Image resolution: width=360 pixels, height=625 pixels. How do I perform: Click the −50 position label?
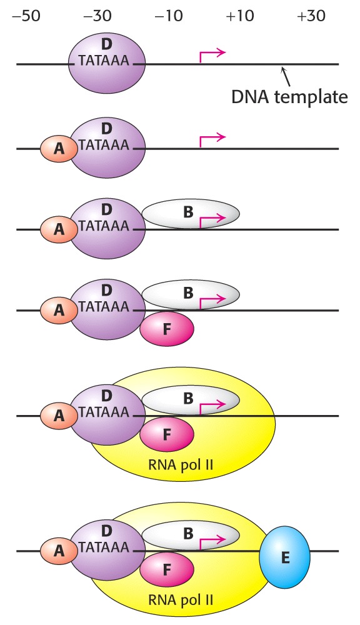[x=26, y=16]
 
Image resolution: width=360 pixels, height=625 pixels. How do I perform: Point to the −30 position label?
[x=97, y=16]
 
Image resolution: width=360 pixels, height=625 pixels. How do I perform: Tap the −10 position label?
[x=169, y=16]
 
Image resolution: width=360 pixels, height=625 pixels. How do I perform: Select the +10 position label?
[x=239, y=16]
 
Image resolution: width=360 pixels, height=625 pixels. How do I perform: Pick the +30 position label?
[x=311, y=16]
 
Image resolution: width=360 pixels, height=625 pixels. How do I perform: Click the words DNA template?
[x=290, y=97]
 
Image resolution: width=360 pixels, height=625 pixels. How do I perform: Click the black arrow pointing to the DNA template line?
[x=286, y=76]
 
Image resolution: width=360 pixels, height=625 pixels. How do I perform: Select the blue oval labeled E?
[x=284, y=557]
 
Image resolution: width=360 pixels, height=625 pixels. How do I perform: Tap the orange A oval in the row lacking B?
[x=59, y=148]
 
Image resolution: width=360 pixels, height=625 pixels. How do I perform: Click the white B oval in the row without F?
[x=191, y=214]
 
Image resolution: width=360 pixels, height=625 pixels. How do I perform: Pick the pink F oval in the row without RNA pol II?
[x=167, y=329]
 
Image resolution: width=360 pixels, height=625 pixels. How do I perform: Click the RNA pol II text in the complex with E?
[x=181, y=600]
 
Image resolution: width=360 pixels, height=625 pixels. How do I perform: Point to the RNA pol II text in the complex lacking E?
[x=181, y=464]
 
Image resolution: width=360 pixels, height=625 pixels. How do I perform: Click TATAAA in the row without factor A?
[x=104, y=60]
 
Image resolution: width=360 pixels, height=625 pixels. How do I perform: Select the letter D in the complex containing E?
[x=106, y=531]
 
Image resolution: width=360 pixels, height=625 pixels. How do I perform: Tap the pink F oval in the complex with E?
[x=167, y=569]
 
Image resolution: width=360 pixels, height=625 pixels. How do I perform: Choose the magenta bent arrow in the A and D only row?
[x=212, y=141]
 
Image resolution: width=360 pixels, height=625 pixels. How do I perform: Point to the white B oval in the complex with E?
[x=191, y=534]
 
